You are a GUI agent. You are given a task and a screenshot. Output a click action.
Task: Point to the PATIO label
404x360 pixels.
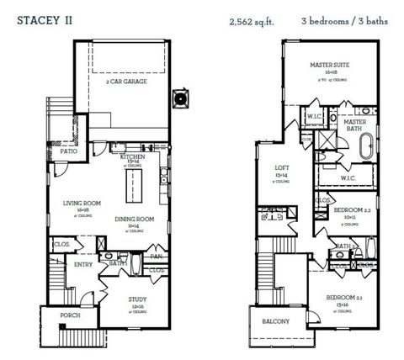point(70,152)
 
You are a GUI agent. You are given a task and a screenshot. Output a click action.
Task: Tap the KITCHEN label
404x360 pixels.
point(135,157)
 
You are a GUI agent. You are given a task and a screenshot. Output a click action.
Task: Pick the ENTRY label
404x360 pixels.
point(82,264)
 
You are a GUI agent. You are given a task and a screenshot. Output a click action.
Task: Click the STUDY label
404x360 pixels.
point(138,298)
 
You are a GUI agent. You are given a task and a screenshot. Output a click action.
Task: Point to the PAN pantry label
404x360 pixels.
point(157,256)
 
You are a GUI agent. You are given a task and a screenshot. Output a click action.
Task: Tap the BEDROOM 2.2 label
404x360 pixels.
point(347,209)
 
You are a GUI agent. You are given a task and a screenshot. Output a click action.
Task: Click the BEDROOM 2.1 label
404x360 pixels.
point(343,296)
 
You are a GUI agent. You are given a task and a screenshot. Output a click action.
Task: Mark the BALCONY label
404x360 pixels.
point(273,320)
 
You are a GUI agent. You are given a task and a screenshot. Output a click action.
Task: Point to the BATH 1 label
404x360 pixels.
point(118,262)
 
